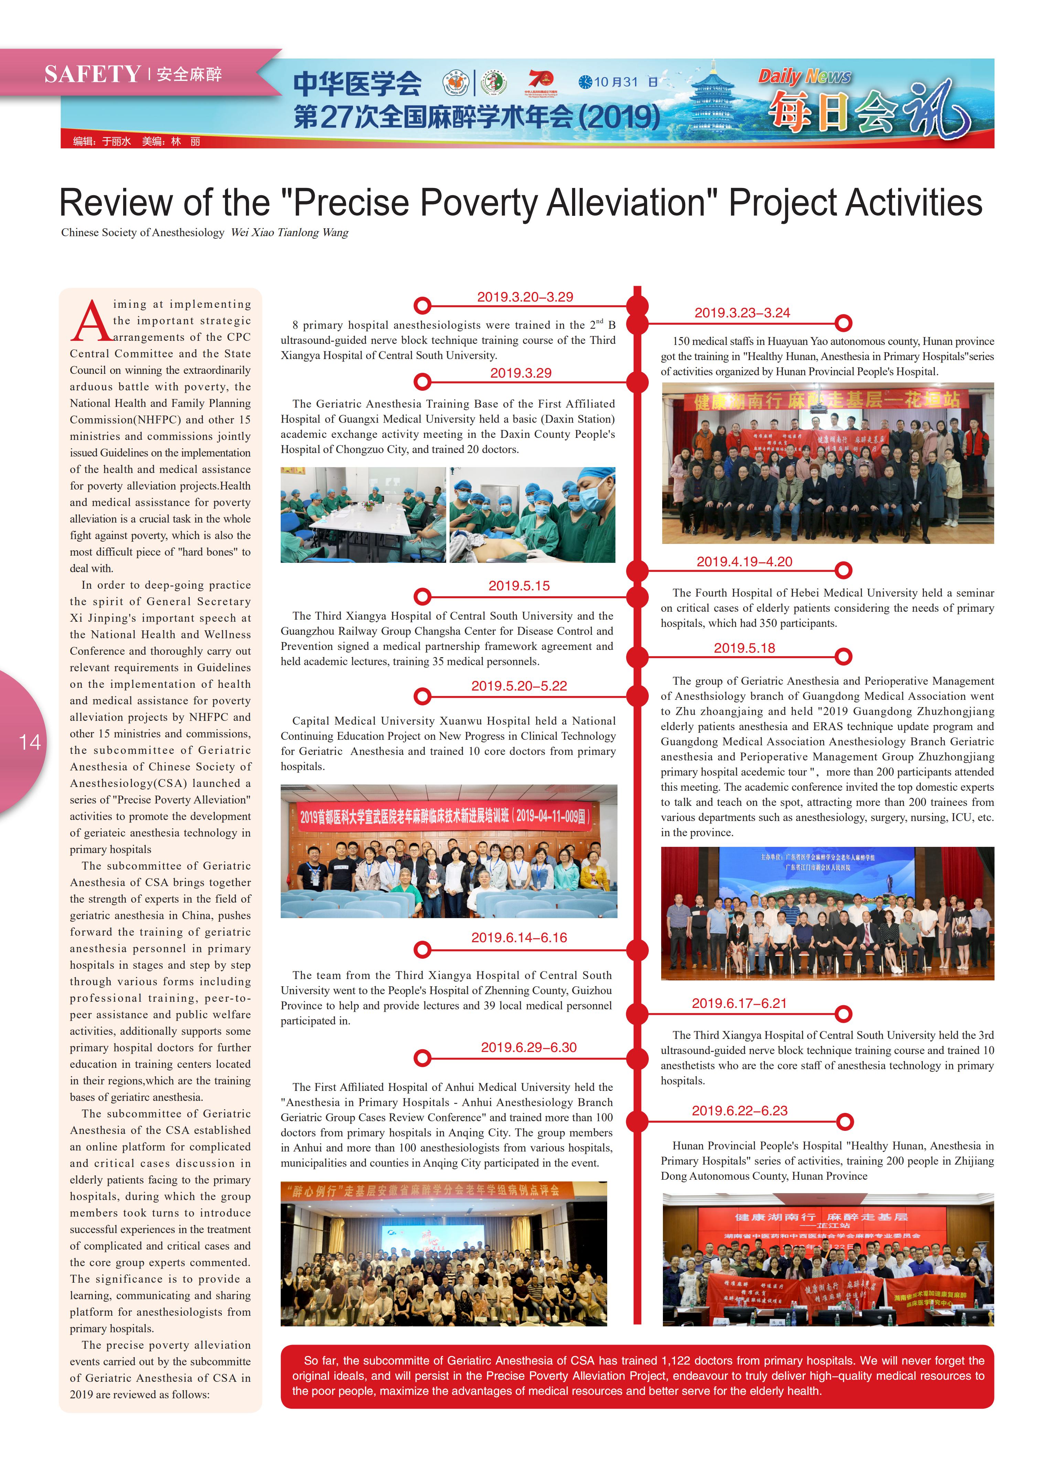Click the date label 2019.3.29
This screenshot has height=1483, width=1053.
(x=521, y=373)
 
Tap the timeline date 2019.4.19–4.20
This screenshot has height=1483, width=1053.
(x=744, y=562)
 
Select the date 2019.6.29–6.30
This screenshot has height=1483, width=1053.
(x=528, y=1047)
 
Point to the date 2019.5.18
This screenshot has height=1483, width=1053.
(x=744, y=648)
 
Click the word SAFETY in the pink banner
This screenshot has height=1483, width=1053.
(x=93, y=75)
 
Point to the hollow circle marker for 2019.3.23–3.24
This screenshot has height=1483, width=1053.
(x=843, y=323)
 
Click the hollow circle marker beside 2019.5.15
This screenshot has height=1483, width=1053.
(x=422, y=596)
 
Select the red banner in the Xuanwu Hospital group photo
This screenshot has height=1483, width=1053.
(x=445, y=816)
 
